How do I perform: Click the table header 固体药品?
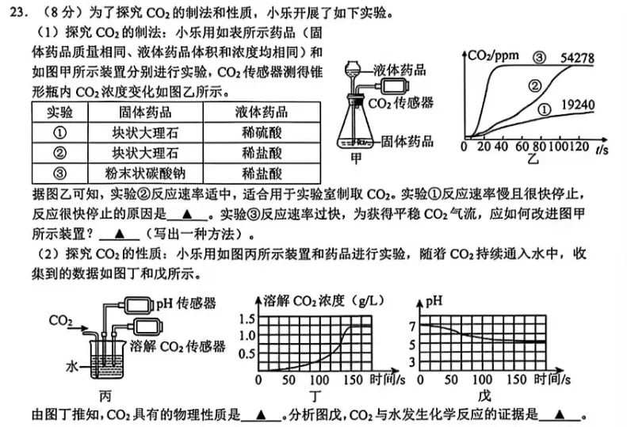[x=145, y=112]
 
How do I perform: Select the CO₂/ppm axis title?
[x=493, y=56]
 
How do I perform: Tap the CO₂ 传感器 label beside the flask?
[x=401, y=103]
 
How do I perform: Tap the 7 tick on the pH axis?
[x=411, y=326]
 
